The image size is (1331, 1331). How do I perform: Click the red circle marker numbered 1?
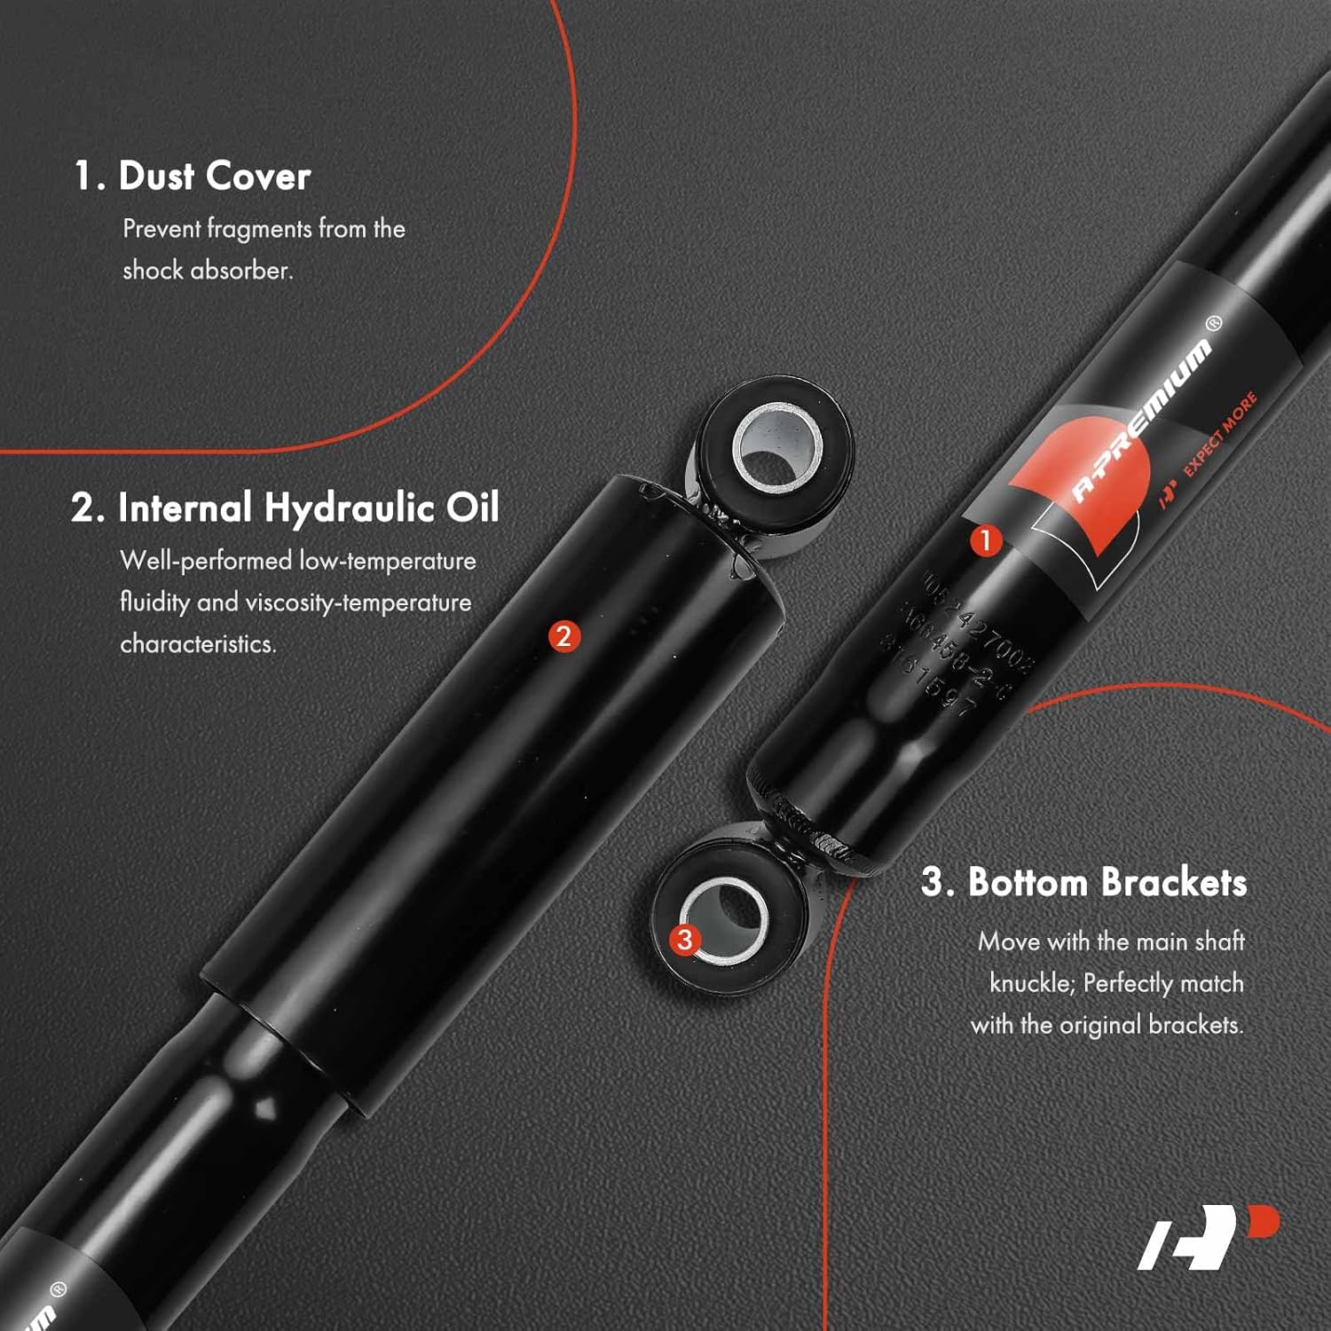tap(985, 540)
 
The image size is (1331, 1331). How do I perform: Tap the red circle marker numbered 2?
tap(563, 636)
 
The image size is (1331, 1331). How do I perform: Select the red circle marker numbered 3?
tap(684, 940)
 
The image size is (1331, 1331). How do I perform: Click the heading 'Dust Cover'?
tap(214, 176)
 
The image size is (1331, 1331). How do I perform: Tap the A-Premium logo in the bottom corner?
tap(1208, 1236)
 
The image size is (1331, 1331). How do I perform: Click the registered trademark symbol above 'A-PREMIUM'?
tap(1214, 323)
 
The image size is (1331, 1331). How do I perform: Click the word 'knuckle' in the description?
tap(1030, 983)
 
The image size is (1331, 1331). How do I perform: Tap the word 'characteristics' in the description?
tap(197, 644)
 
